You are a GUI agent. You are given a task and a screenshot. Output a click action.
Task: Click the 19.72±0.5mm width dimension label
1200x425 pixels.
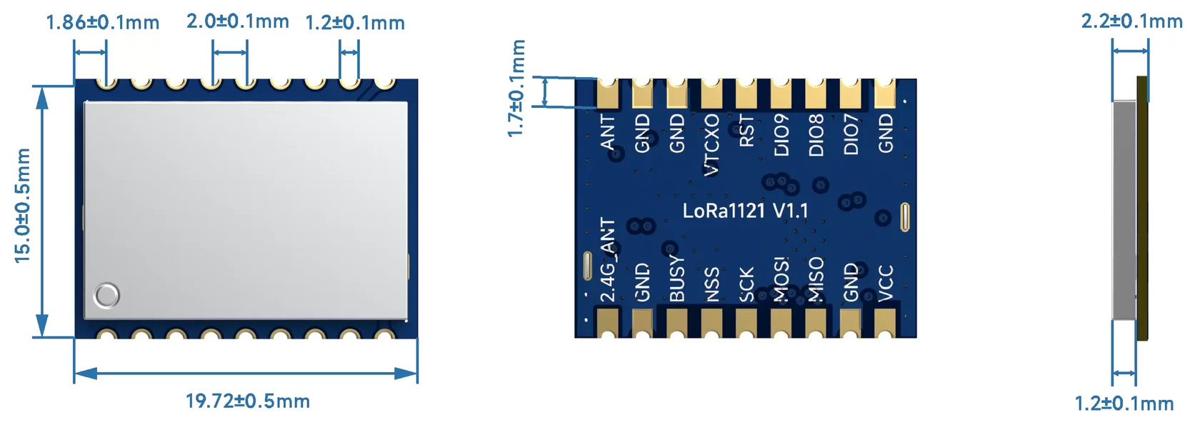[x=248, y=401]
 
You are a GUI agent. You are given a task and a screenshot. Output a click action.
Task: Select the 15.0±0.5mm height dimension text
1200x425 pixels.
[x=23, y=206]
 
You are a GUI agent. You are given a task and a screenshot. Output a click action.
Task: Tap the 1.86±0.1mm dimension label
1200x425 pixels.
[x=102, y=22]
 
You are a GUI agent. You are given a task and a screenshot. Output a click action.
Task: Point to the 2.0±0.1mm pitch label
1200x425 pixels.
[x=238, y=21]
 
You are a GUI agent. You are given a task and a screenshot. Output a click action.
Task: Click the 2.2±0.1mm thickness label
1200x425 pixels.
[x=1131, y=21]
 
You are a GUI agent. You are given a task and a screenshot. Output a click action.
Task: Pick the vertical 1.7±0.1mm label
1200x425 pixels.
[x=516, y=88]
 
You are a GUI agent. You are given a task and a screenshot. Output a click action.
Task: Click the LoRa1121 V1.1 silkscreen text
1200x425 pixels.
[x=745, y=211]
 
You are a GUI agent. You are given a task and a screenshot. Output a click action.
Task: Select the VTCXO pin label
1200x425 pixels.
[x=711, y=144]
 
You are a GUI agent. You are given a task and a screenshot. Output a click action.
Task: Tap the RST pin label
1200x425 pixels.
[x=746, y=131]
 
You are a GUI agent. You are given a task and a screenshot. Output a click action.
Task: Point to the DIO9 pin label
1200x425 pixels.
[x=781, y=134]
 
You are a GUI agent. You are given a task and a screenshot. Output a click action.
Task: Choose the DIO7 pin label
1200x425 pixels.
[x=851, y=134]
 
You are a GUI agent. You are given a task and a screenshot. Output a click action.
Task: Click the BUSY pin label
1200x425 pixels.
[x=676, y=279]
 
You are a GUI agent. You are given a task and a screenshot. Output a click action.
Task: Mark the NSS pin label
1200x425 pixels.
[x=711, y=284]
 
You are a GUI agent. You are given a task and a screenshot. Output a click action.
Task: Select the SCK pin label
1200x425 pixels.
[x=746, y=284]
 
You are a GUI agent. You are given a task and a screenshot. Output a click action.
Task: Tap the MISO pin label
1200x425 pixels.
[x=816, y=279]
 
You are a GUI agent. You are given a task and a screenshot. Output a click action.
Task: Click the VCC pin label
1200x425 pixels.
[x=885, y=283]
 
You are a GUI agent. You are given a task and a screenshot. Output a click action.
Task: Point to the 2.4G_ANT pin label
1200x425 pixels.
[x=607, y=261]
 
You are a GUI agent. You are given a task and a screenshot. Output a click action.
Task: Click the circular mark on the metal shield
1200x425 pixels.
[x=107, y=295]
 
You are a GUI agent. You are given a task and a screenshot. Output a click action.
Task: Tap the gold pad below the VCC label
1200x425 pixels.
[x=885, y=322]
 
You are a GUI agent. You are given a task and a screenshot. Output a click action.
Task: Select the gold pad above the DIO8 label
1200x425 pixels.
[x=816, y=94]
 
